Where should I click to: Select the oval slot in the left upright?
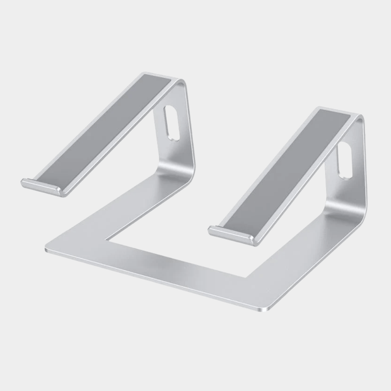[172, 123]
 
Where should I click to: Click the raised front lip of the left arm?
[41, 186]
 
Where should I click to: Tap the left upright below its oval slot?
[174, 155]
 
